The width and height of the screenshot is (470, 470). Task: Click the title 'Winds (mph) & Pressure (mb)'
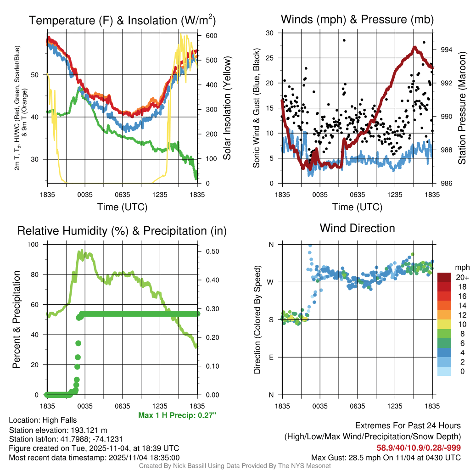point(357,20)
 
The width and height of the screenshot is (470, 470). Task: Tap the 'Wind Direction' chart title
point(357,228)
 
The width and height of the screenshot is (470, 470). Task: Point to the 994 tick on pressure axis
point(447,50)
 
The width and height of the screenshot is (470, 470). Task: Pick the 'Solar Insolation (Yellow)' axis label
point(227,108)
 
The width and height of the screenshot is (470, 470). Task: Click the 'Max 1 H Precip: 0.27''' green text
point(177,415)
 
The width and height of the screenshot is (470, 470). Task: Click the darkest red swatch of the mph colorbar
point(444,277)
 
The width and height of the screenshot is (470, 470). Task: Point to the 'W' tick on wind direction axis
point(271,282)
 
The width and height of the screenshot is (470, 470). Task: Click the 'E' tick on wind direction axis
point(271,357)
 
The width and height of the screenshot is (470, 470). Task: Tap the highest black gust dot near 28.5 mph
point(344,40)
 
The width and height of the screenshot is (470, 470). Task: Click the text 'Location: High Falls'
point(43,420)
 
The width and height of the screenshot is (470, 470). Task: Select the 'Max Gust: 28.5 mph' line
point(386,457)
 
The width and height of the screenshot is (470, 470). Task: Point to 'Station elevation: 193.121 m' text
point(58,430)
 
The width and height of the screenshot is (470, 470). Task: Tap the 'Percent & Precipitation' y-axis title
point(17,319)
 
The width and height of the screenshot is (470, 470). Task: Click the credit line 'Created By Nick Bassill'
point(235,466)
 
